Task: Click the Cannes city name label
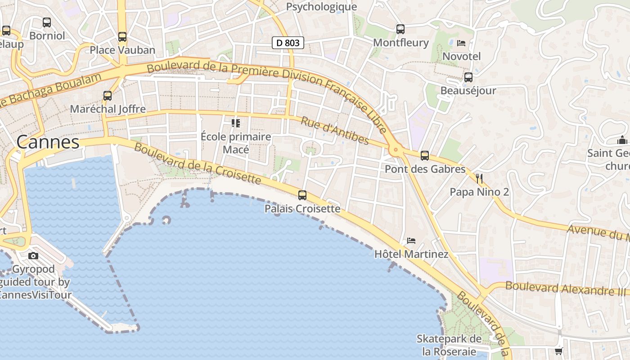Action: point(48,142)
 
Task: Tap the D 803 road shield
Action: point(288,43)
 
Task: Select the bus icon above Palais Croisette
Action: point(302,195)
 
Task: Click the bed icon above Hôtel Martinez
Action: point(411,241)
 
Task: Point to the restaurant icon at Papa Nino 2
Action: point(479,179)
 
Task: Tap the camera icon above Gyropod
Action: point(33,256)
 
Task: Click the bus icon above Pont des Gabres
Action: point(424,156)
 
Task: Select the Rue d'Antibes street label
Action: point(335,131)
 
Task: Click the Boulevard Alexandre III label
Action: point(566,288)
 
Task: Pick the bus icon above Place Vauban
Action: point(122,37)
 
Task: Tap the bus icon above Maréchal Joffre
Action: point(108,96)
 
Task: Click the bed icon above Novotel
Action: point(461,43)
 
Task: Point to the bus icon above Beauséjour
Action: point(468,77)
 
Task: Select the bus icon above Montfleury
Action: point(400,29)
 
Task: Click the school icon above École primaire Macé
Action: point(235,123)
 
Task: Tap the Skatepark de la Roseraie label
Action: point(449,345)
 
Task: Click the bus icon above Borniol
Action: point(47,22)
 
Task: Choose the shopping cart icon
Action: point(558,351)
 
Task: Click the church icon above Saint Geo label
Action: point(622,140)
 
